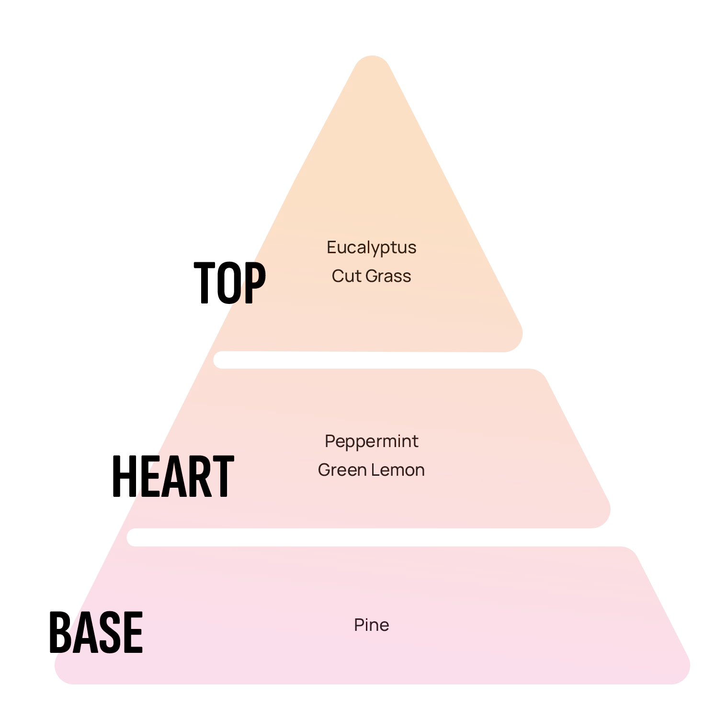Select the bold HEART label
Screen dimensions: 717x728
click(x=172, y=476)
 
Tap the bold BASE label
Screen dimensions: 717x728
click(x=96, y=632)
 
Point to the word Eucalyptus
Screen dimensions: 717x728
click(x=371, y=248)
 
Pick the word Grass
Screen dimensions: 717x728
click(x=389, y=276)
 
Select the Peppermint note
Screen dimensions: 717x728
click(x=371, y=441)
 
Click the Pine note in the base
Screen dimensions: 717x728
click(x=371, y=625)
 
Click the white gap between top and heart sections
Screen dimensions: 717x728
click(x=374, y=360)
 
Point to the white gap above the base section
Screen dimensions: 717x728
click(x=374, y=537)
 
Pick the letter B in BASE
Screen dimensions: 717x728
click(x=60, y=632)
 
